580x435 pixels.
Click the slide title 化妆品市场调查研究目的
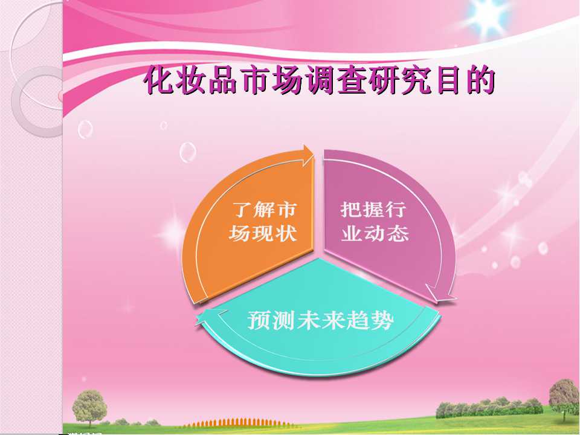click(319, 80)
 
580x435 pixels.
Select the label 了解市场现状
click(263, 222)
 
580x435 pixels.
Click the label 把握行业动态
click(374, 222)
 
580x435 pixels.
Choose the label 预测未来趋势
click(320, 320)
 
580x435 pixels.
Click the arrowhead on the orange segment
click(307, 155)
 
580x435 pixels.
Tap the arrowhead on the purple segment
click(440, 293)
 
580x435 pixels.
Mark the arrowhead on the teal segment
click(207, 318)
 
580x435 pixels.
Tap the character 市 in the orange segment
click(286, 210)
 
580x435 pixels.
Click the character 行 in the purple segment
click(396, 210)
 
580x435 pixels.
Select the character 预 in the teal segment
click(258, 320)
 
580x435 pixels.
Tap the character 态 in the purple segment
click(398, 233)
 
